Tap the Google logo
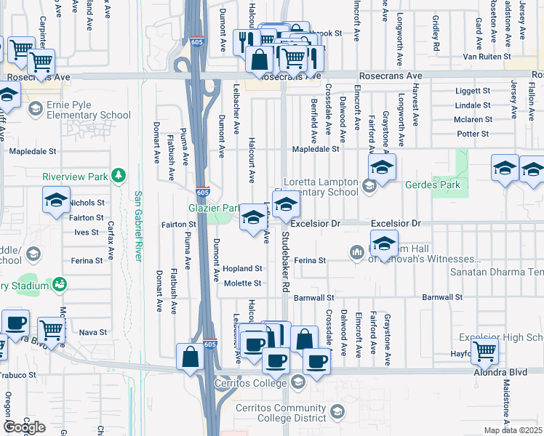pos(24,427)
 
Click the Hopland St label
pos(242,269)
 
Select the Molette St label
pos(242,283)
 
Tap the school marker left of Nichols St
pos(55,201)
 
